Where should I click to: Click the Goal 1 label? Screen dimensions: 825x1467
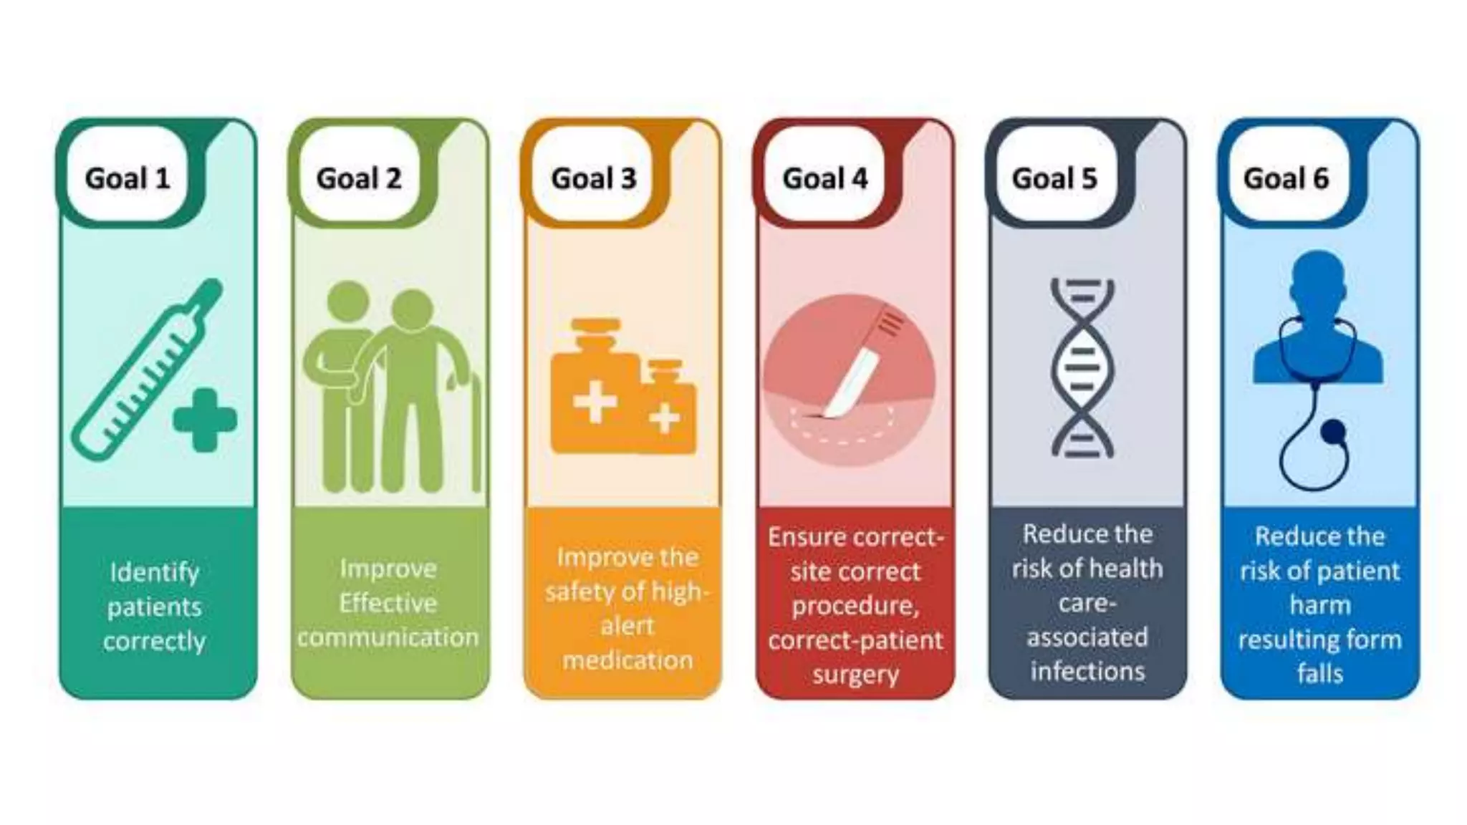point(128,178)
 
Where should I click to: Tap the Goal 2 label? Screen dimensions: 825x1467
point(359,178)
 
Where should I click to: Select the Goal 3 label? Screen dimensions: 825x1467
point(593,178)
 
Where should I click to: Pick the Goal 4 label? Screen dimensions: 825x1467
point(825,178)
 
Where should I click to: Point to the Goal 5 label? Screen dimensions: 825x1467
point(1054,178)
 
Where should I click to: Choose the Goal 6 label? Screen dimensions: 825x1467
point(1286,178)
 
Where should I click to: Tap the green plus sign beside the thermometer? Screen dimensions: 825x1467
point(205,420)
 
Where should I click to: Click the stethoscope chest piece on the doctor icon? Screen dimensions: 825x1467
point(1333,430)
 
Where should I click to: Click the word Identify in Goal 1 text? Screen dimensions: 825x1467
point(154,572)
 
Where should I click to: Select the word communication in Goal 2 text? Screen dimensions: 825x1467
point(388,637)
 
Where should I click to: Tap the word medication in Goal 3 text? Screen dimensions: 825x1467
point(627,660)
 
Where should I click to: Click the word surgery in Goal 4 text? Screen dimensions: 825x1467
point(855,674)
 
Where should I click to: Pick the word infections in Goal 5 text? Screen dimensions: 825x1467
point(1087,671)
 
